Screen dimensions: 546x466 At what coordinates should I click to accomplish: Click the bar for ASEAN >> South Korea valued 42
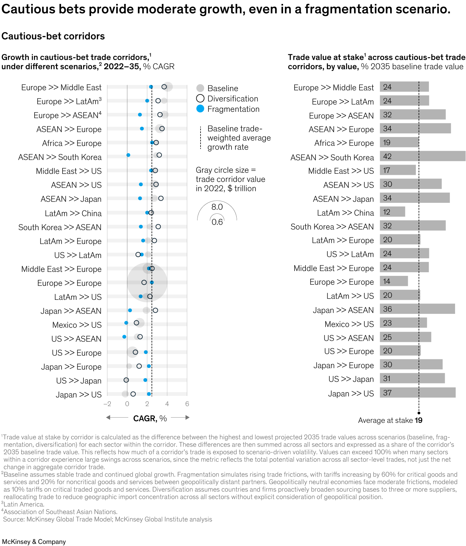point(422,156)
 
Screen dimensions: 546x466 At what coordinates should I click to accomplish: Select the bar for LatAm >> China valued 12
point(392,212)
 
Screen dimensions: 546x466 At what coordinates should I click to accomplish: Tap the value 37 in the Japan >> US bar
point(387,393)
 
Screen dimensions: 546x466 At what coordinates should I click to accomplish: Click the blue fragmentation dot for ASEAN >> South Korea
point(128,155)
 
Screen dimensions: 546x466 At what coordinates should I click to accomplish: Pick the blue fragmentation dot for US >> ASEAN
point(124,337)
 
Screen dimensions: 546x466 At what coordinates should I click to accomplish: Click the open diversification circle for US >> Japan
point(126,380)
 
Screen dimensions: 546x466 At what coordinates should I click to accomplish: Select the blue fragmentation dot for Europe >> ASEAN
point(140,115)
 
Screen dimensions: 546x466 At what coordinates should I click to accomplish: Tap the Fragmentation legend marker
point(200,109)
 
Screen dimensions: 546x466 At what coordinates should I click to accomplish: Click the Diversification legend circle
point(200,99)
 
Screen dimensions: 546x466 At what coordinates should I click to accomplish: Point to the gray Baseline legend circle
point(200,88)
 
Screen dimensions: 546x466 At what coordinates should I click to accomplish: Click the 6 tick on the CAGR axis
point(187,404)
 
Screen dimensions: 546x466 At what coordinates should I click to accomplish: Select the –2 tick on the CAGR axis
point(107,404)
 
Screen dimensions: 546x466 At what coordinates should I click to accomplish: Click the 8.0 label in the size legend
point(217,207)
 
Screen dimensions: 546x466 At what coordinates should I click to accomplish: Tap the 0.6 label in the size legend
point(217,222)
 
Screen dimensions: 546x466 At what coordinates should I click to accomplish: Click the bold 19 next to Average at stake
point(419,420)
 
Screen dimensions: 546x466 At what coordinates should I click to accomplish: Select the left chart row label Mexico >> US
point(77,325)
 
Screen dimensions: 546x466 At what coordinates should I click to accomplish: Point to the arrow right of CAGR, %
point(181,417)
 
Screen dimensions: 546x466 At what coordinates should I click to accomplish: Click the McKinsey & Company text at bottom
point(34,542)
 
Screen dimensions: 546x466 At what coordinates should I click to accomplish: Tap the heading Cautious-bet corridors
point(53,36)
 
